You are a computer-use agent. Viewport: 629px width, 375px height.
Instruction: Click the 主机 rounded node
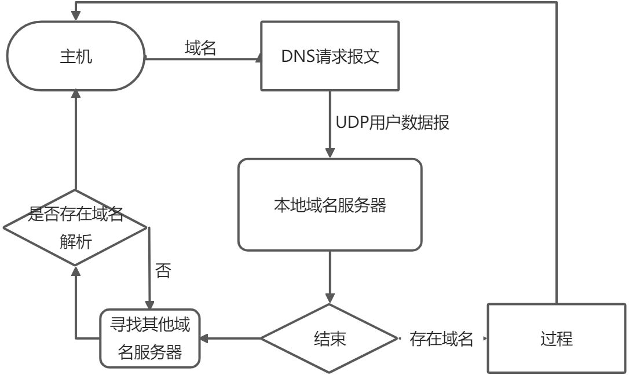[75, 57]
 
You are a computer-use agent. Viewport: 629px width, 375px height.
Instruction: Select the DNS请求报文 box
[330, 56]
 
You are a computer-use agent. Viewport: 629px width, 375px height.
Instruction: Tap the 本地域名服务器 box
[330, 205]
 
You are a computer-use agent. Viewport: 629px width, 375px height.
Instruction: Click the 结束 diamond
[330, 339]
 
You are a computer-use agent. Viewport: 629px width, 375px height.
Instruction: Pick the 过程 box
[557, 339]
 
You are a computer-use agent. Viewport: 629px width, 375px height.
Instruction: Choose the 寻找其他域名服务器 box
[150, 339]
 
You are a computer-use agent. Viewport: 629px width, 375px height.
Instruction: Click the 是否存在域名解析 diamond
[75, 227]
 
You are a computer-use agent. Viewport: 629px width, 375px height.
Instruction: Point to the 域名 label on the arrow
[200, 49]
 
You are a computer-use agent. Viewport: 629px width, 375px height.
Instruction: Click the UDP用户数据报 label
[393, 123]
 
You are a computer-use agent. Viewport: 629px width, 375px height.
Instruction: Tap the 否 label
[163, 271]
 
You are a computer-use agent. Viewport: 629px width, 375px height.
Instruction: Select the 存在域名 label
[441, 339]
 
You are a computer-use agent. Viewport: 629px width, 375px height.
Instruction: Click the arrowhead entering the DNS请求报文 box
[258, 58]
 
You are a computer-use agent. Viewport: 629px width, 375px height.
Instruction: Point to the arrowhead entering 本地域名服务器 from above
[330, 154]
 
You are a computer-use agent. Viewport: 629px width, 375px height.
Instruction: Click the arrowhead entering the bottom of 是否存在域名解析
[75, 270]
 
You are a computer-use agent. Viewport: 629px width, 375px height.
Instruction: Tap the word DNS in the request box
[297, 57]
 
